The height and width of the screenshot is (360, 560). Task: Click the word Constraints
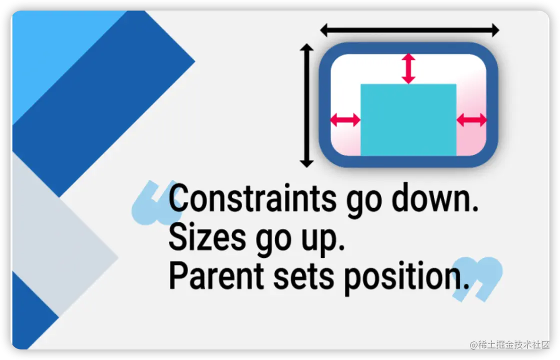pyautogui.click(x=252, y=198)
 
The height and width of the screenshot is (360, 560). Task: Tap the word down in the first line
pyautogui.click(x=435, y=197)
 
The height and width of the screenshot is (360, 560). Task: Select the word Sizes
pyautogui.click(x=207, y=236)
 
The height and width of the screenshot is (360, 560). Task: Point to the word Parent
pyautogui.click(x=216, y=275)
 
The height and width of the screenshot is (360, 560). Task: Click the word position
pyautogui.click(x=406, y=277)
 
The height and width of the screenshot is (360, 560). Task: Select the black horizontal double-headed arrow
pyautogui.click(x=409, y=30)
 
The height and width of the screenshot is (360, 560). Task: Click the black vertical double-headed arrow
pyautogui.click(x=306, y=105)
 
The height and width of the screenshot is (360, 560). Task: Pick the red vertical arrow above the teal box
pyautogui.click(x=408, y=68)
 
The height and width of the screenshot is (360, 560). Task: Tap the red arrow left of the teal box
pyautogui.click(x=345, y=119)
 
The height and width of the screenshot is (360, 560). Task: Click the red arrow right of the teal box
pyautogui.click(x=471, y=119)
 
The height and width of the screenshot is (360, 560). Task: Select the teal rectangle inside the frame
pyautogui.click(x=408, y=119)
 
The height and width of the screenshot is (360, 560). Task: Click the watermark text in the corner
pyautogui.click(x=509, y=344)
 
